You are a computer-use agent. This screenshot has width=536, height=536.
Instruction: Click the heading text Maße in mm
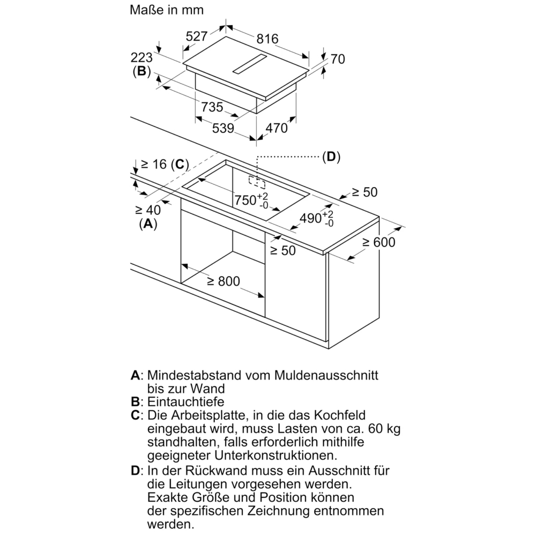point(167,10)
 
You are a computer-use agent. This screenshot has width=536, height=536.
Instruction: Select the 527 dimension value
point(197,36)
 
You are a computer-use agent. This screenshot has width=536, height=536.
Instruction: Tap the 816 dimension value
point(267,39)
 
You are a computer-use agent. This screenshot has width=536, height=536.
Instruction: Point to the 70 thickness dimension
point(338,59)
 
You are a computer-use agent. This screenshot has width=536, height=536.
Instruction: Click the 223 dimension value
point(142,57)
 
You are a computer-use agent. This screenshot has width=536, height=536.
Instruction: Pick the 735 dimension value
point(212,107)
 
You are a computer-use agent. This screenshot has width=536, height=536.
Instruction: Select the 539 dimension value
point(222,129)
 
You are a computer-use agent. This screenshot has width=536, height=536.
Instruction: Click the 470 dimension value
point(277,129)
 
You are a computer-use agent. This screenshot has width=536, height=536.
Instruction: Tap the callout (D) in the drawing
point(331,157)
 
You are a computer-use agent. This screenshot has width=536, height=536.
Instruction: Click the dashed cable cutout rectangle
point(256,181)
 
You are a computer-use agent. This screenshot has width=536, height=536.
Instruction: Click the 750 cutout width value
point(247,200)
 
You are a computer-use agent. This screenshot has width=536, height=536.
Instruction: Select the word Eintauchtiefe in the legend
point(185,401)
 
